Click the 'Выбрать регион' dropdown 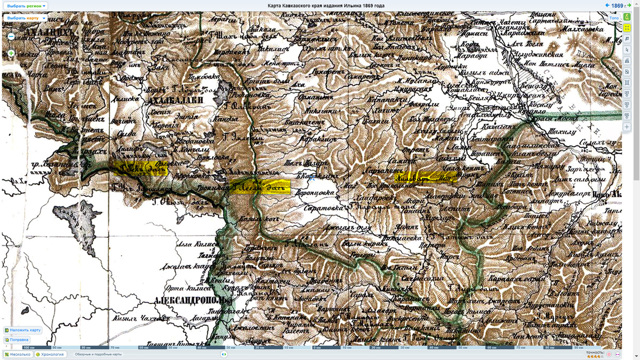[x=26, y=6]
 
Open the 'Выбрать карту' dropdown [x=25, y=18]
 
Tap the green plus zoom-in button [x=11, y=53]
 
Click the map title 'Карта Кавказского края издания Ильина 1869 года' [x=326, y=6]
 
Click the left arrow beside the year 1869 [x=607, y=5]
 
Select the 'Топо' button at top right [x=614, y=18]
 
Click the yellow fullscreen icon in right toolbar [x=627, y=28]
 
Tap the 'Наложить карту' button [x=23, y=330]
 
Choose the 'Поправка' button [x=17, y=340]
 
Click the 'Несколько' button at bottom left [x=18, y=354]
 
